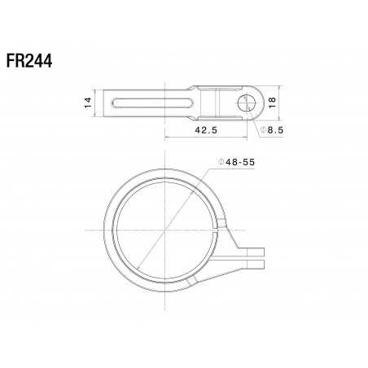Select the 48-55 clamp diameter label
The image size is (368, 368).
click(241, 163)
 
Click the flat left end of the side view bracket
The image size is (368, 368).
click(107, 102)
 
